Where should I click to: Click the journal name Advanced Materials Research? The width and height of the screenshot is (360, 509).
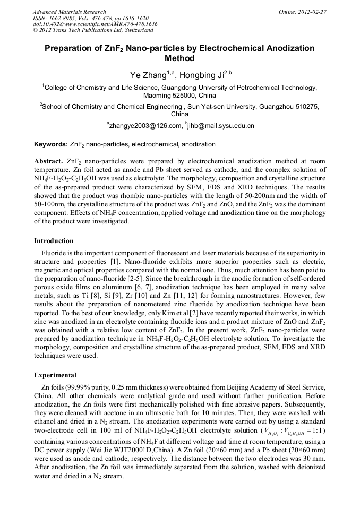[69, 11]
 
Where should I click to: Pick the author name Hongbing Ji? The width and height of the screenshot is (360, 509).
[205, 75]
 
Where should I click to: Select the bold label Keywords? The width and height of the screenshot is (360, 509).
[50, 144]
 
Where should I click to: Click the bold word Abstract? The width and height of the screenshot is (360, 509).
[49, 161]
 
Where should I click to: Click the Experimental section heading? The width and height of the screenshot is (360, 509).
[55, 375]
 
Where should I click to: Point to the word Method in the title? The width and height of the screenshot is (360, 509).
[179, 58]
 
